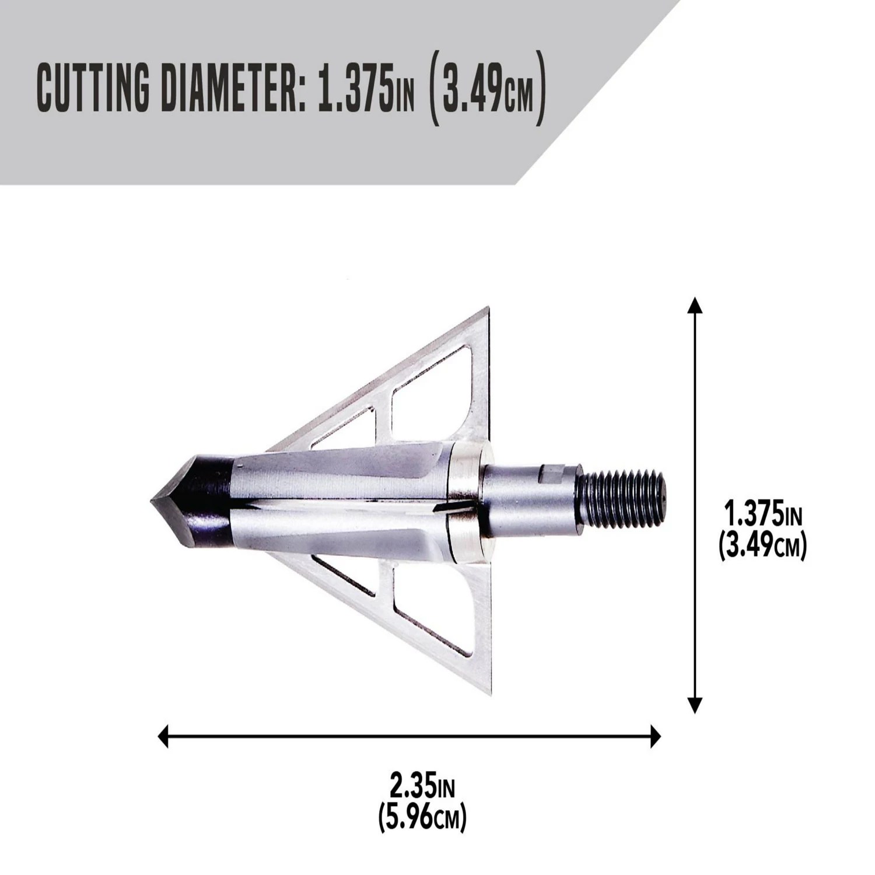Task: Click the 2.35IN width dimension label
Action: point(422,788)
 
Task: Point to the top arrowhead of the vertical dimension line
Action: point(694,304)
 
